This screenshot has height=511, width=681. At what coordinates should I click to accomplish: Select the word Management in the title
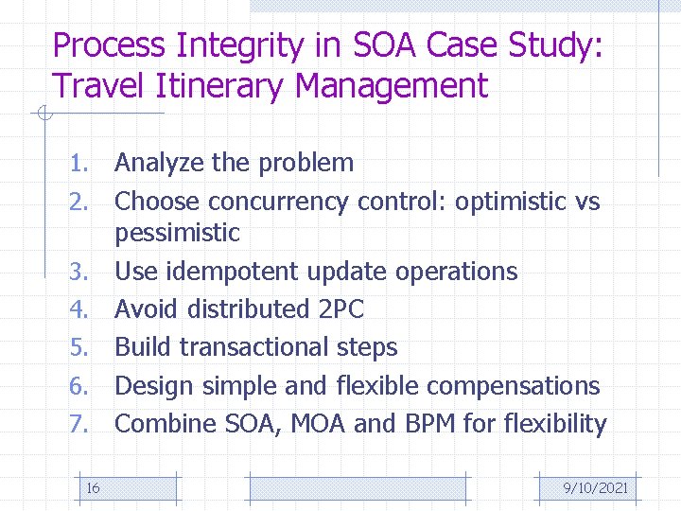pos(392,86)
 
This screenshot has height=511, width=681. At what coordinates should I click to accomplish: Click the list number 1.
pos(79,163)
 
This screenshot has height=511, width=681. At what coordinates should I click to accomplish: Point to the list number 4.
pos(79,309)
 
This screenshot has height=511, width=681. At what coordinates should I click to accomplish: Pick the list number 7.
pos(79,424)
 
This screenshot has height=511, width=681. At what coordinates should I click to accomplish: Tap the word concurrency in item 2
pos(280,202)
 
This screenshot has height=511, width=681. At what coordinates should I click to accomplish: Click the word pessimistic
pos(178,233)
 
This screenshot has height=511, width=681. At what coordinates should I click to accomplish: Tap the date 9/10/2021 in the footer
pos(595,487)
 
